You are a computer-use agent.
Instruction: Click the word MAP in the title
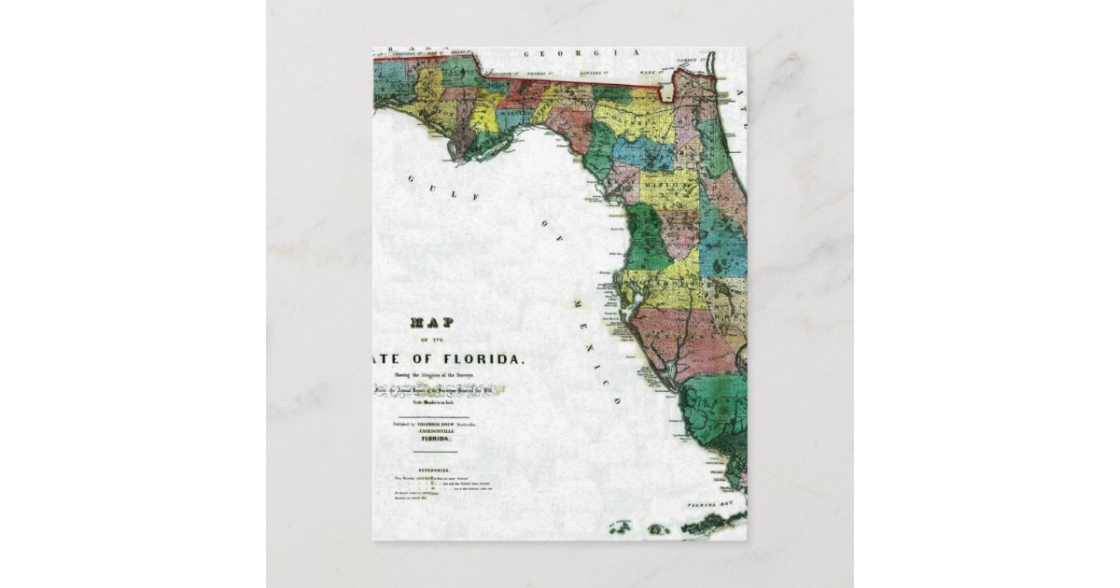click(431, 323)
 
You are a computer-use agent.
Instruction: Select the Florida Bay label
click(719, 504)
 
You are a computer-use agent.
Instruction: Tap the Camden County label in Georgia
click(692, 60)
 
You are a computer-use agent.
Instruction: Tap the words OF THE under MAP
click(431, 340)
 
